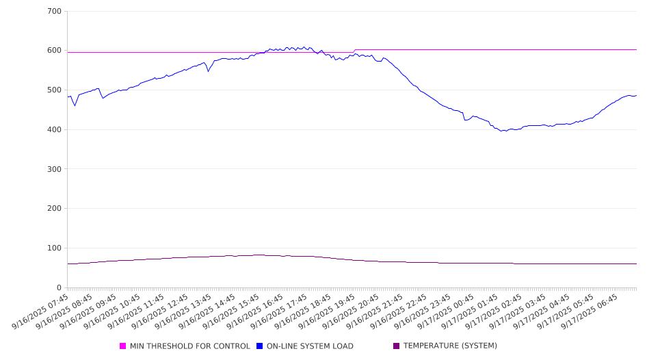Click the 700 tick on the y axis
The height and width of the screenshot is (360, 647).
[55, 12]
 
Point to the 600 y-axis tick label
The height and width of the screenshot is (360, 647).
[55, 51]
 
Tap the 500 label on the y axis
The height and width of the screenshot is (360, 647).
[55, 90]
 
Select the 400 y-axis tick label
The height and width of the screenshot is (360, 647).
[55, 130]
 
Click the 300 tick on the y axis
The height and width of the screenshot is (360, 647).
[55, 169]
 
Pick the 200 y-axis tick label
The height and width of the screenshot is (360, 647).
[55, 209]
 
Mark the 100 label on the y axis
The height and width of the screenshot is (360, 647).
[55, 248]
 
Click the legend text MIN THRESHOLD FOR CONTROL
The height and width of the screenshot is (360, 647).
[189, 346]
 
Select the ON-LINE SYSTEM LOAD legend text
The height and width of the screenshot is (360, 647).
[310, 346]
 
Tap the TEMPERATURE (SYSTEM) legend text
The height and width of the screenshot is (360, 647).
[450, 346]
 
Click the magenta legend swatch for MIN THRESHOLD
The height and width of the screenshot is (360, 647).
[123, 346]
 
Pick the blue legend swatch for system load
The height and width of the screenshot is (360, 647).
[260, 346]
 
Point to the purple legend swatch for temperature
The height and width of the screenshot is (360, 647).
[397, 346]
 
